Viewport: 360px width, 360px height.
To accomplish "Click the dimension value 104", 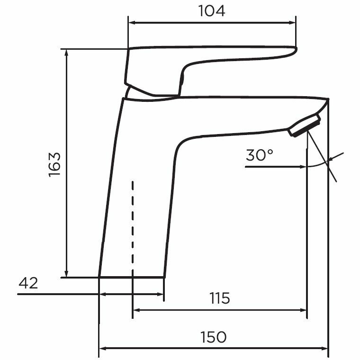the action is [212, 11].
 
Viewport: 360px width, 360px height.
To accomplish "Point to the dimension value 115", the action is [219, 298].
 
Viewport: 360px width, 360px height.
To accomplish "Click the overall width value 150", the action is [213, 337].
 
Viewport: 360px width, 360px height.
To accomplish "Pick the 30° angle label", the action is [260, 155].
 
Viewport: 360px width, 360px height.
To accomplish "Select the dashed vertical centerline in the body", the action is [133, 227].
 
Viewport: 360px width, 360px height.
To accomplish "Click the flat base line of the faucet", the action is [132, 277].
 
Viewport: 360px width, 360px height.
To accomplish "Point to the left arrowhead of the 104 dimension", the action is [132, 22].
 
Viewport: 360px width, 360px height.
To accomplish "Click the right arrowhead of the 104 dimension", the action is [292, 22].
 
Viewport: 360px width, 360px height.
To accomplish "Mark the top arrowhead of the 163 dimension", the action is [67, 52].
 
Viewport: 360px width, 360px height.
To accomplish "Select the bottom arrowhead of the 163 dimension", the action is [67, 273].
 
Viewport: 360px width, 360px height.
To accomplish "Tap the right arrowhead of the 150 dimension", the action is [325, 349].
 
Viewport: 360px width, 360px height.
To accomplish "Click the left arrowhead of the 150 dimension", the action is [102, 349].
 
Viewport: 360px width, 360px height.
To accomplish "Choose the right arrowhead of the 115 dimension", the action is [304, 311].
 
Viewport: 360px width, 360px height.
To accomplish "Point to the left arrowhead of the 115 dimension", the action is [136, 311].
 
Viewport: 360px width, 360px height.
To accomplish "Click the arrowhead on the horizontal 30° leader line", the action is [304, 167].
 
